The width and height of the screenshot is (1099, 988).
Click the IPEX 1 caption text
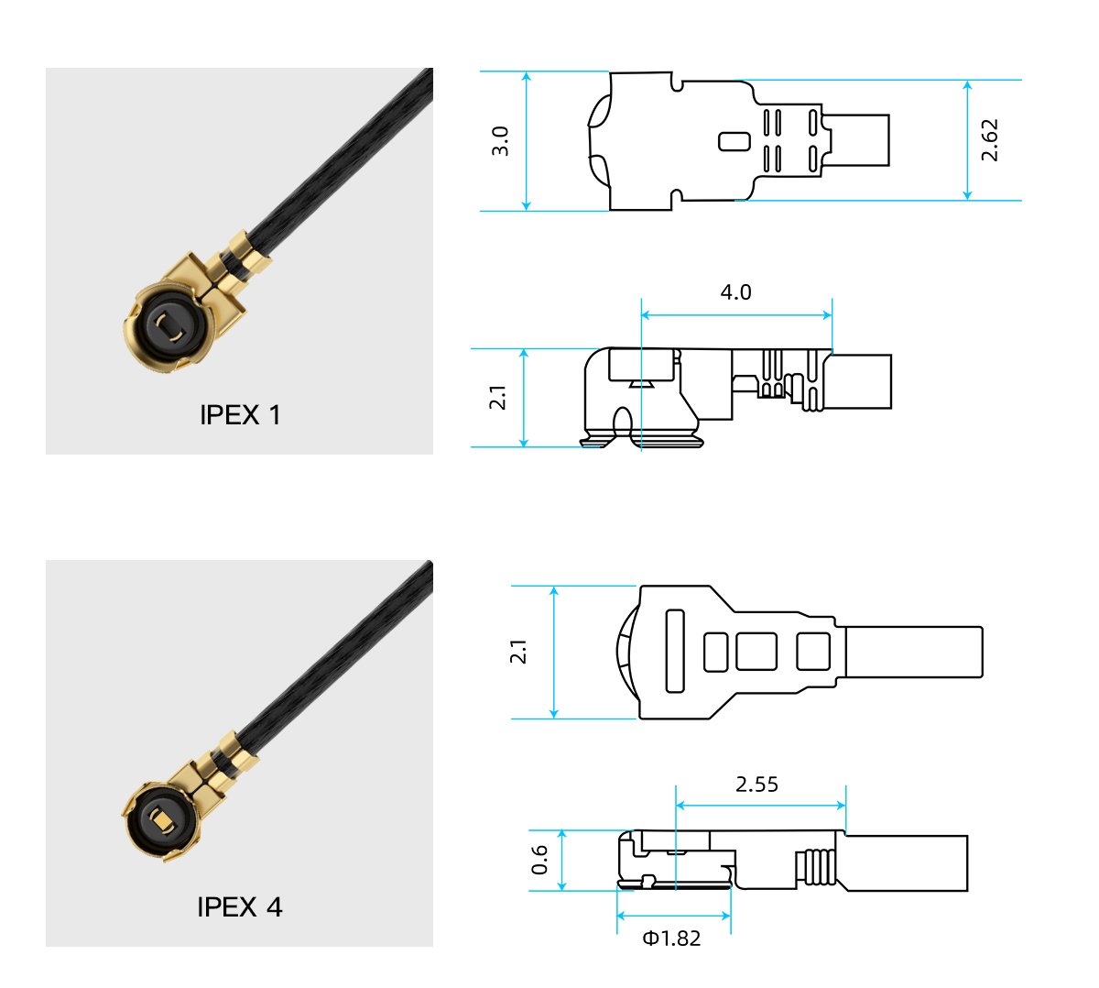click(x=240, y=415)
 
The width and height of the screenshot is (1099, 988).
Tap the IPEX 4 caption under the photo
click(x=240, y=907)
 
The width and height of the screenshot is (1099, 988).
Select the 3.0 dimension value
click(x=500, y=141)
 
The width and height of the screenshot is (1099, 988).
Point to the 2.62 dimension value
click(x=990, y=140)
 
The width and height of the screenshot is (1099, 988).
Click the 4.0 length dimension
click(x=735, y=292)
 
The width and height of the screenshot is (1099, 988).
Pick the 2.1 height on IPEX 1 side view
click(x=497, y=398)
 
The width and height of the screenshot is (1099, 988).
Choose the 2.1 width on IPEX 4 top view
click(x=519, y=652)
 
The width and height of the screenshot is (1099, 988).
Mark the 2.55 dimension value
click(x=756, y=785)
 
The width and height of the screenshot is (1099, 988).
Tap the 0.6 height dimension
click(x=540, y=860)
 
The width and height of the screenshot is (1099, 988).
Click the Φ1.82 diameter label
click(x=671, y=939)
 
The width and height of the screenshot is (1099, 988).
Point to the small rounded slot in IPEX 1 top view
click(x=734, y=141)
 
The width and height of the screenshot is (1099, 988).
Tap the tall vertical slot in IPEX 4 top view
click(x=675, y=651)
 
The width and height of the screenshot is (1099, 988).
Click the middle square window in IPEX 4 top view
click(x=756, y=652)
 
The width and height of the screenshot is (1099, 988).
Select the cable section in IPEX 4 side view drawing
click(x=907, y=862)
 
